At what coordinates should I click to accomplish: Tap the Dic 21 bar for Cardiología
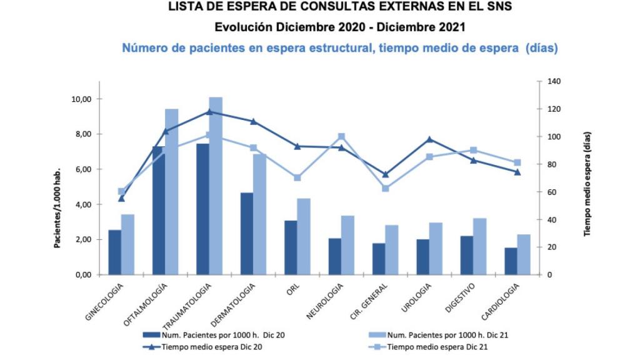(524, 254)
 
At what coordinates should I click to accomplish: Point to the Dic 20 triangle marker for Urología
(429, 139)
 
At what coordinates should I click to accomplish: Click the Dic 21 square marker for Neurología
(341, 136)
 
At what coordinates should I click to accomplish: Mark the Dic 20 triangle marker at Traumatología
(209, 112)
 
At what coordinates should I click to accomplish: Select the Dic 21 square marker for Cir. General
(386, 188)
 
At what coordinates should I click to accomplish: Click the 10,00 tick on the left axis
(82, 99)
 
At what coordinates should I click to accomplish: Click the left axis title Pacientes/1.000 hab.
(57, 208)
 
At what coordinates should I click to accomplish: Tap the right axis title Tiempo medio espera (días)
(587, 184)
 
